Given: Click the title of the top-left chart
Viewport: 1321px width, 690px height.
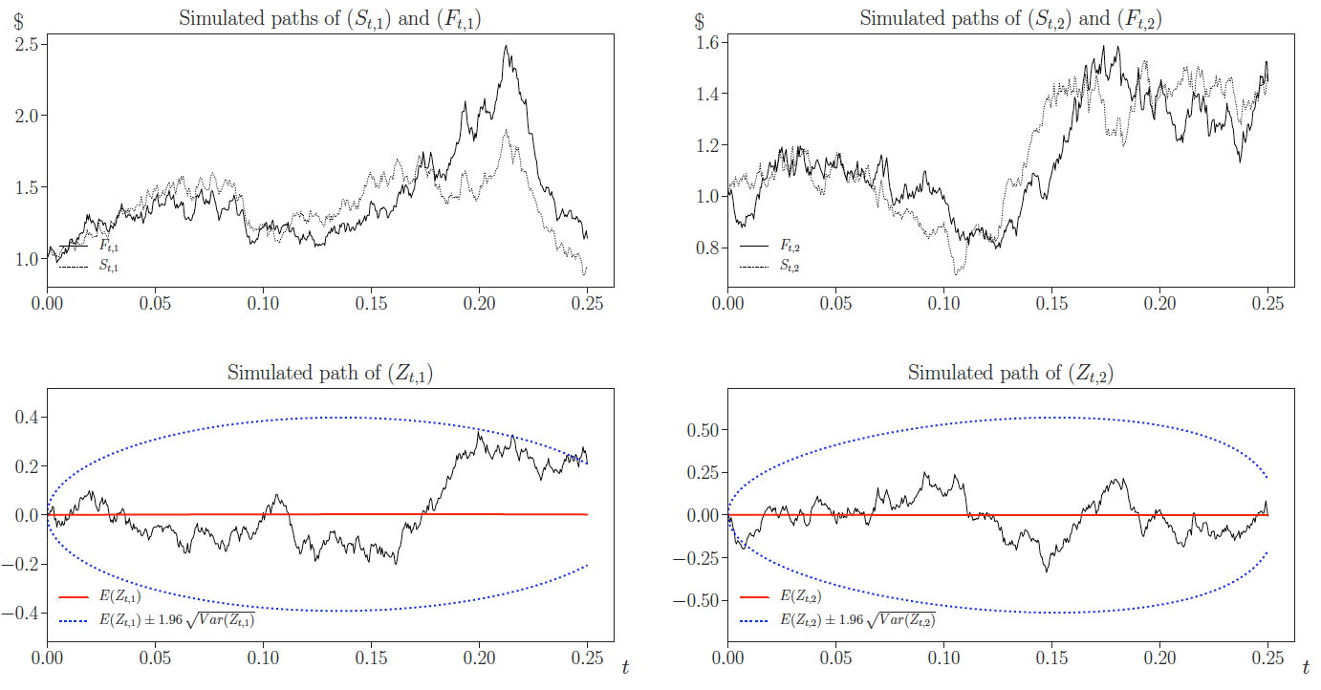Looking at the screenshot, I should (329, 19).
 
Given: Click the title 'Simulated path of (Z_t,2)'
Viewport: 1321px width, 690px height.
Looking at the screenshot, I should (1010, 374).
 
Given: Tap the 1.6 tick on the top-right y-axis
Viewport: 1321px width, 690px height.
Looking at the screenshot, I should (706, 42).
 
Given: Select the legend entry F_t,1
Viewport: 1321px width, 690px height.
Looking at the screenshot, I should (108, 247).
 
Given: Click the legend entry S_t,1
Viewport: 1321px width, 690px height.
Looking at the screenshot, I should (108, 267).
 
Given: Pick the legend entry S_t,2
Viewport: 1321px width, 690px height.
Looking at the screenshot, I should (789, 267).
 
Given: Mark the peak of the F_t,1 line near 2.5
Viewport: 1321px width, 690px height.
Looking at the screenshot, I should (507, 47).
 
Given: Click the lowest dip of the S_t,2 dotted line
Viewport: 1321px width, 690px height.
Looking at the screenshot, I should (957, 274).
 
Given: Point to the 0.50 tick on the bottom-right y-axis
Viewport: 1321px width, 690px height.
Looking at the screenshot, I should (702, 429).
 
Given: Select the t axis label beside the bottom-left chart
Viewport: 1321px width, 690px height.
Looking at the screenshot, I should (625, 667).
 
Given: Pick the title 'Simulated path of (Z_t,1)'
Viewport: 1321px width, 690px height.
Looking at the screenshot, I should (329, 374).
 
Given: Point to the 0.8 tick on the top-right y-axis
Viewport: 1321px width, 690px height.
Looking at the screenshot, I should (706, 248).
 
